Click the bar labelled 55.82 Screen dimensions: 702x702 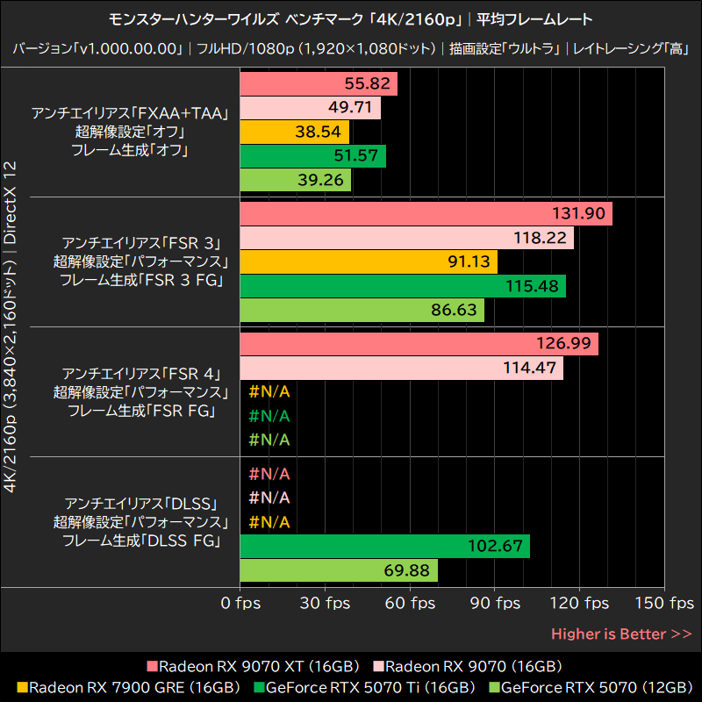click(318, 84)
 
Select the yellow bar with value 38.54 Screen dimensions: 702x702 click(294, 133)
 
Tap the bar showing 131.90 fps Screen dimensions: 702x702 click(426, 214)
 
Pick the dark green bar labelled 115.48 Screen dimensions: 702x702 click(402, 286)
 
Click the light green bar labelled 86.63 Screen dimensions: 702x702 click(362, 310)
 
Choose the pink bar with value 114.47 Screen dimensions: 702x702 click(401, 369)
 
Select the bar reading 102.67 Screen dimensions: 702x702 click(384, 546)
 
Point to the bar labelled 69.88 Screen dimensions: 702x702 click(338, 570)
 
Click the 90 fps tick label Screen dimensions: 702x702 click(495, 604)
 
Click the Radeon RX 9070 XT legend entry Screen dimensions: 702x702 click(251, 666)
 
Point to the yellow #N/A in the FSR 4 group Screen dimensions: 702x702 click(269, 392)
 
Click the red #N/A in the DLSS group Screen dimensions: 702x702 click(269, 475)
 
